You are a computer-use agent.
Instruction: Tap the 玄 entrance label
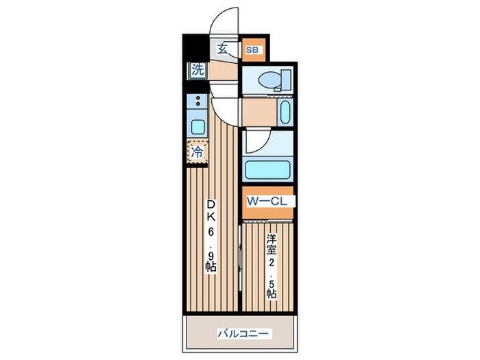(223, 49)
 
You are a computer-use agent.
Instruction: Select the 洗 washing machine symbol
(197, 69)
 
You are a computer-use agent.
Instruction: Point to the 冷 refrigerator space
(196, 153)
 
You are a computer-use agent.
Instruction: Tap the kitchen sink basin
(197, 126)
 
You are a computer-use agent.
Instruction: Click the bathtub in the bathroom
(269, 169)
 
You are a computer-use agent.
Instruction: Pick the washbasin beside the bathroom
(285, 112)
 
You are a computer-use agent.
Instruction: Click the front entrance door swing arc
(224, 21)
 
